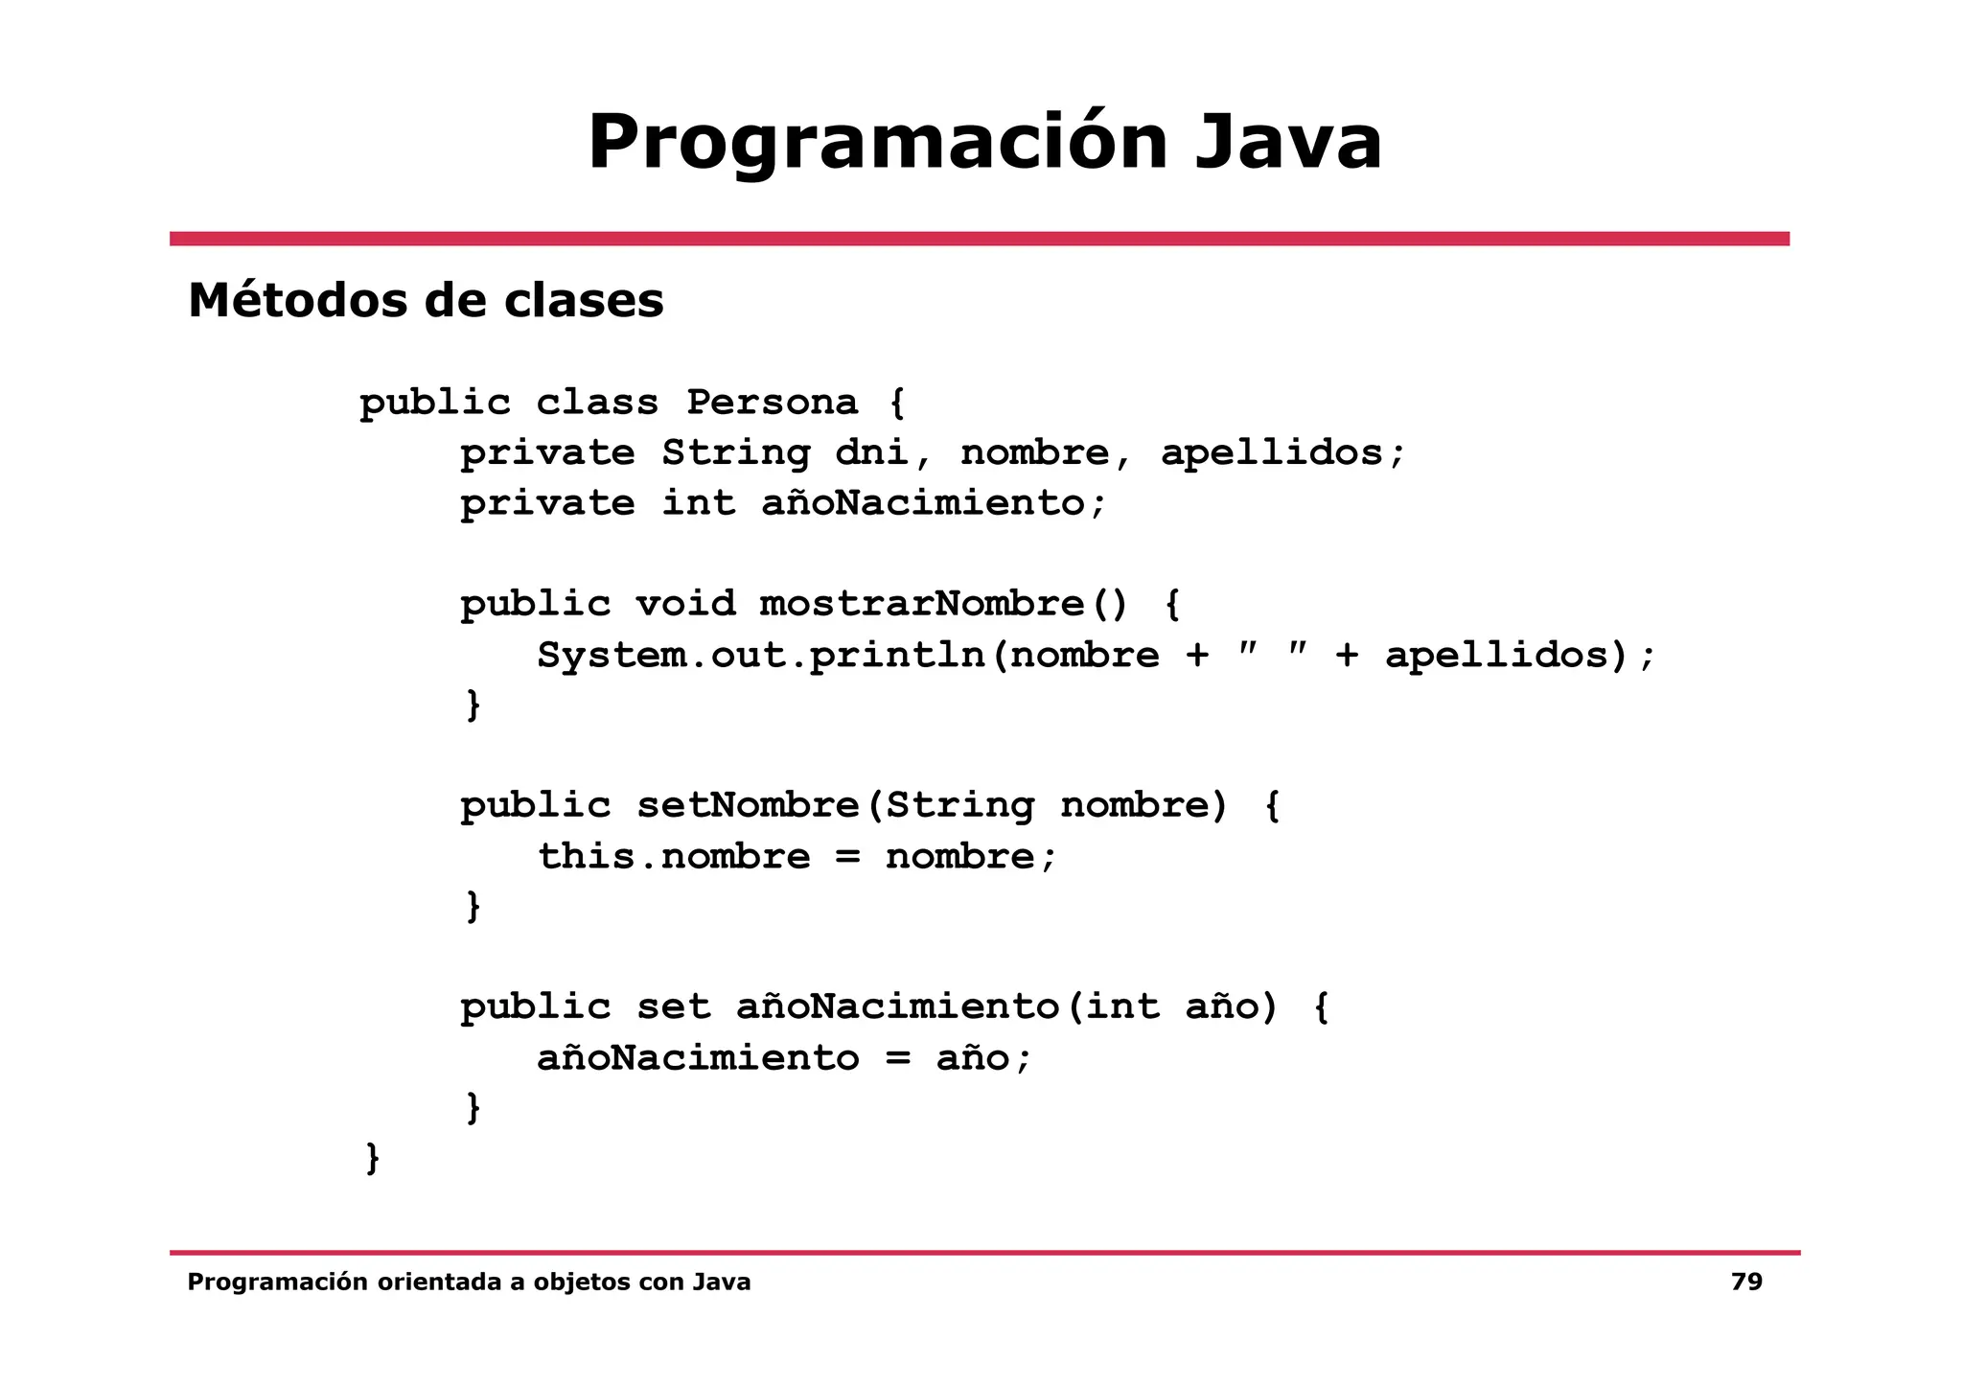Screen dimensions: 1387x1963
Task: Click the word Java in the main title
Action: pyautogui.click(x=1287, y=142)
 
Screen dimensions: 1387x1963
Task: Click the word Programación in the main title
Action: pyautogui.click(x=877, y=142)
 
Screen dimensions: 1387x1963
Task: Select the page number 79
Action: pyautogui.click(x=1746, y=1282)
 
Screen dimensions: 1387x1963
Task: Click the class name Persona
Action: pyautogui.click(x=772, y=402)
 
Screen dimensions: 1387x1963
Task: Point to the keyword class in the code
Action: pyautogui.click(x=596, y=402)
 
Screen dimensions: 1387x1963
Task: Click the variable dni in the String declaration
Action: pyautogui.click(x=871, y=452)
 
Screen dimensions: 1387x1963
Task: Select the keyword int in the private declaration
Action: pyautogui.click(x=698, y=503)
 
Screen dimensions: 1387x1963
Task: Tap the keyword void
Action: pyautogui.click(x=685, y=604)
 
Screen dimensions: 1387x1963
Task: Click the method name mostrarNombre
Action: pyautogui.click(x=922, y=604)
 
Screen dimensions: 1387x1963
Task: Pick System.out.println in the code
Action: pyautogui.click(x=760, y=656)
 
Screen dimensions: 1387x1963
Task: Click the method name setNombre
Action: pyautogui.click(x=748, y=805)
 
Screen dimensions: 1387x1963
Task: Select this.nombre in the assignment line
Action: pyautogui.click(x=673, y=856)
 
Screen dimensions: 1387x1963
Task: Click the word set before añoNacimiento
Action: pyautogui.click(x=673, y=1006)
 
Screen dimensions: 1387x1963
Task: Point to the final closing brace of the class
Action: pyautogui.click(x=373, y=1157)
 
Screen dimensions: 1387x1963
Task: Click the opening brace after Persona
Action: pyautogui.click(x=897, y=402)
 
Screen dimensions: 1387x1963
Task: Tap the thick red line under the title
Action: pyautogui.click(x=979, y=239)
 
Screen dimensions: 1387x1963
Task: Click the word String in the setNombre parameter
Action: pyautogui.click(x=959, y=805)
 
